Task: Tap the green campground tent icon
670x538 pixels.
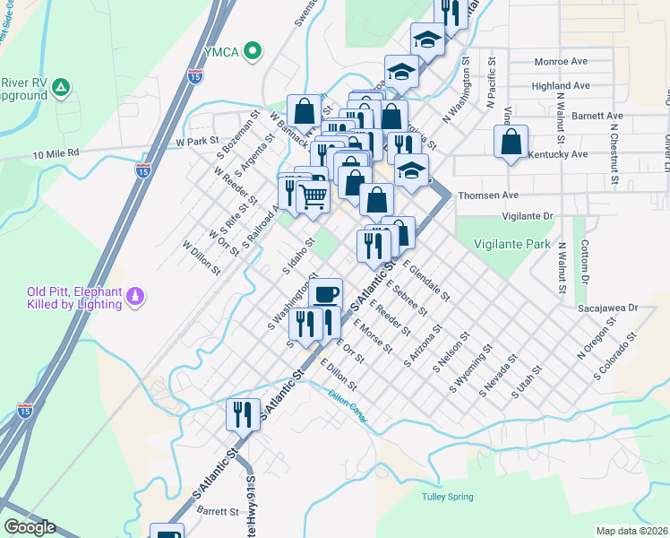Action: tap(60, 87)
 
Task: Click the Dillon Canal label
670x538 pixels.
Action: tap(348, 399)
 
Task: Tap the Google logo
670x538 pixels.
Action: tap(29, 527)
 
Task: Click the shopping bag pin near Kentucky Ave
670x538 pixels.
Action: tap(511, 143)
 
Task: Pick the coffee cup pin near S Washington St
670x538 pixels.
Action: tap(325, 293)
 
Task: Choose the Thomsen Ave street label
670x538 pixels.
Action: tap(488, 195)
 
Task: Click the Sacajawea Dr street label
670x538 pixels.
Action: tap(606, 307)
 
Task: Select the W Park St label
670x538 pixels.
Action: tap(197, 142)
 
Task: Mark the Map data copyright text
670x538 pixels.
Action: tap(631, 531)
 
